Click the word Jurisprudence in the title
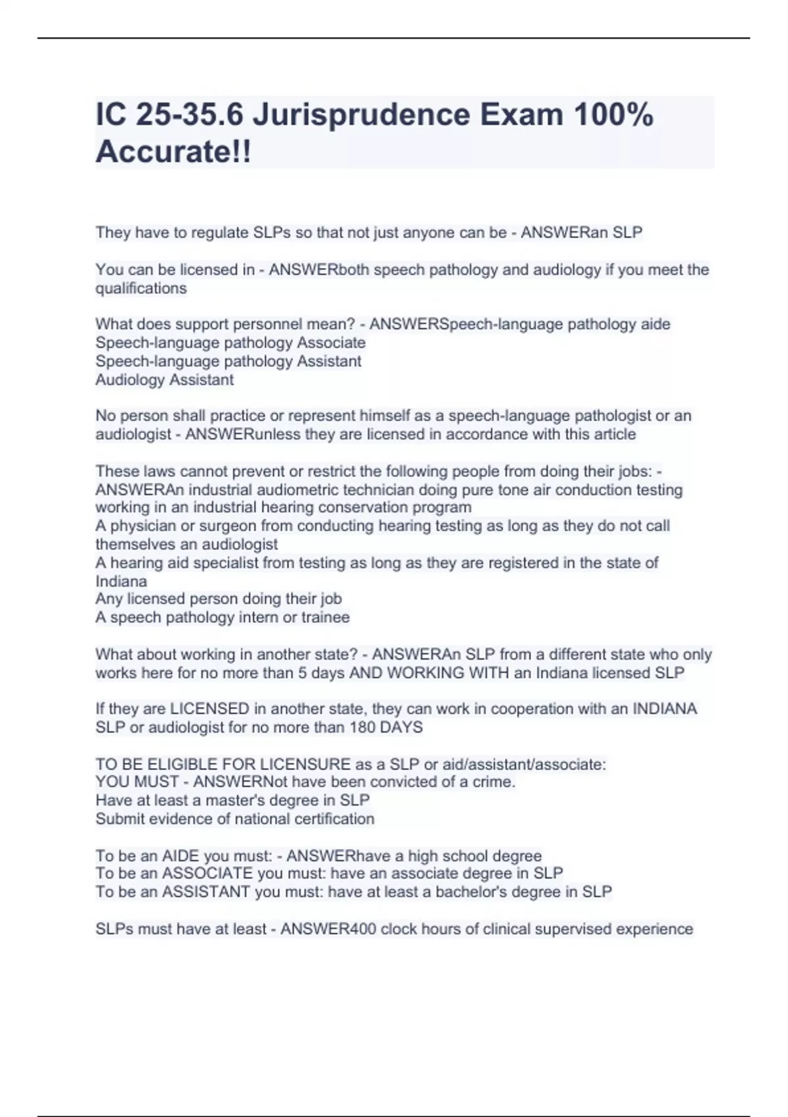coord(361,115)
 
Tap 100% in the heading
coord(613,115)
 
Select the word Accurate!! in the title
coord(173,152)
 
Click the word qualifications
coord(141,288)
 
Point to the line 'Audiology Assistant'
coord(164,380)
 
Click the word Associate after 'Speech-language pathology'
coord(331,343)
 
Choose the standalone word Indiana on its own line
coord(121,581)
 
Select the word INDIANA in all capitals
coord(664,709)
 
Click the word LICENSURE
coord(305,764)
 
